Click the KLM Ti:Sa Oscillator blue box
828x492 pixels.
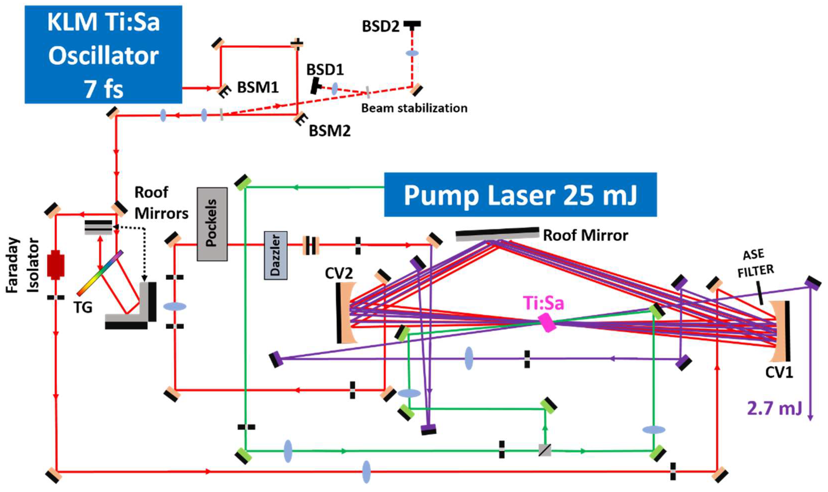tap(103, 54)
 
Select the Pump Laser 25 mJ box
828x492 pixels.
tap(520, 195)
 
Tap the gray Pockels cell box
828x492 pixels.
tap(212, 224)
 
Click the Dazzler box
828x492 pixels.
tap(275, 255)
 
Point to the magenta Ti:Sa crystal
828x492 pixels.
tap(547, 323)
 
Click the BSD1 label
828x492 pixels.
tap(325, 70)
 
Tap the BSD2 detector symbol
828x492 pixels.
tap(412, 24)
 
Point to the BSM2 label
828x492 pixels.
tap(329, 131)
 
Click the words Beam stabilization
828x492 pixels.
tap(414, 108)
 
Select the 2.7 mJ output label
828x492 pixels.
tap(774, 409)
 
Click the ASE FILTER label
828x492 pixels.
tap(755, 264)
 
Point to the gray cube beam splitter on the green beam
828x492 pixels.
tap(544, 450)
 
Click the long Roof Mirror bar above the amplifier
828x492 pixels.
tap(497, 234)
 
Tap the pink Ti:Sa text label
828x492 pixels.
tap(543, 303)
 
